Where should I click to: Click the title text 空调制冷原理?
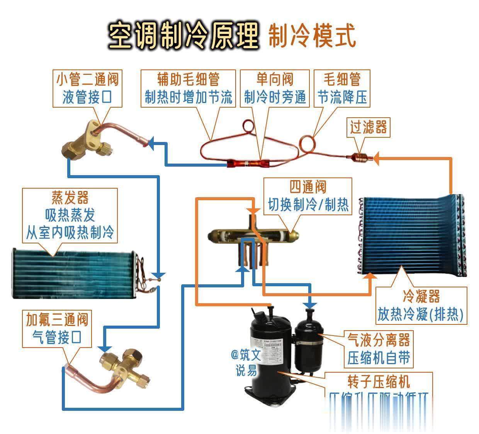[x=183, y=36]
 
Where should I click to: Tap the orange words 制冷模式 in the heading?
[x=311, y=36]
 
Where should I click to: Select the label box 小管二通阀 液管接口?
[x=87, y=88]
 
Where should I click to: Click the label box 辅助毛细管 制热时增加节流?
[x=188, y=88]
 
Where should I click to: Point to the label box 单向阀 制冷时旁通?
[x=275, y=88]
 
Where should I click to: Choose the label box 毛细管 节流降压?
[x=341, y=88]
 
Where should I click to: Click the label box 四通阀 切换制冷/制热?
[x=308, y=196]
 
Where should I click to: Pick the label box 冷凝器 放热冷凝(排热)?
[x=421, y=306]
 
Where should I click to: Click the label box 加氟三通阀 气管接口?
[x=57, y=329]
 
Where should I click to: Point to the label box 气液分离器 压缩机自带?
[x=378, y=349]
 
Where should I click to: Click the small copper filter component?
[x=358, y=158]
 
